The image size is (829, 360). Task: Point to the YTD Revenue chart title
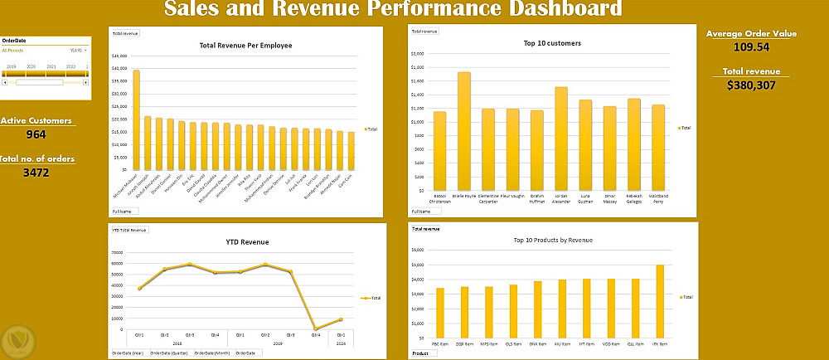pyautogui.click(x=247, y=242)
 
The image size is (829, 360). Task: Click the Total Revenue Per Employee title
pyautogui.click(x=245, y=45)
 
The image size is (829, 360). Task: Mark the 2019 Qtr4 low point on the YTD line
pyautogui.click(x=317, y=329)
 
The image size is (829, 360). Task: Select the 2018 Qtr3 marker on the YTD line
pyautogui.click(x=190, y=265)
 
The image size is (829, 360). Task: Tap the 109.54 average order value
pyautogui.click(x=752, y=47)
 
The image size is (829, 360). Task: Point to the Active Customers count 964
pyautogui.click(x=36, y=134)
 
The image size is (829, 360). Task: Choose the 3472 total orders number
pyautogui.click(x=36, y=173)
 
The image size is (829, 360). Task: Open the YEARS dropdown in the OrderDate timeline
pyautogui.click(x=78, y=50)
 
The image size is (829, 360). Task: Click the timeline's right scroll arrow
pyautogui.click(x=87, y=82)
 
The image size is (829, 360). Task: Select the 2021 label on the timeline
pyautogui.click(x=51, y=66)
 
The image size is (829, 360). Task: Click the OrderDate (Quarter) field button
pyautogui.click(x=169, y=353)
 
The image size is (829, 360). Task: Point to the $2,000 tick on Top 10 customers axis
pyautogui.click(x=417, y=53)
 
